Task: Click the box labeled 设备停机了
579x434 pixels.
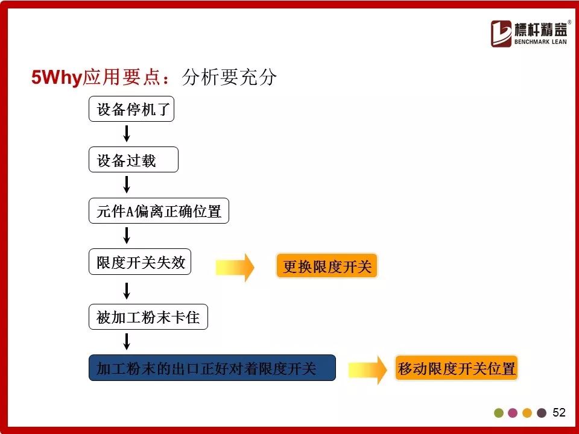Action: pyautogui.click(x=131, y=109)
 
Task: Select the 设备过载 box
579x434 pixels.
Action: pyautogui.click(x=134, y=160)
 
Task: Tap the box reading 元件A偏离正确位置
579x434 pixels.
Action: pyautogui.click(x=159, y=211)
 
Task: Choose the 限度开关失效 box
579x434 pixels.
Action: pyautogui.click(x=140, y=262)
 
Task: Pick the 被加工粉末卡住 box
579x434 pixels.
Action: pyautogui.click(x=148, y=316)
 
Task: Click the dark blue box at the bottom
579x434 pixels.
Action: pyautogui.click(x=212, y=368)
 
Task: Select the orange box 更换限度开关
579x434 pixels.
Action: pyautogui.click(x=327, y=266)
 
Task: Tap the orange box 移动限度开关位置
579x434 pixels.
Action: pyautogui.click(x=457, y=368)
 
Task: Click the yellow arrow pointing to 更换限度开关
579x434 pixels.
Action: pyautogui.click(x=235, y=268)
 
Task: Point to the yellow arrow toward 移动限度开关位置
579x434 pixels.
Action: pyautogui.click(x=367, y=370)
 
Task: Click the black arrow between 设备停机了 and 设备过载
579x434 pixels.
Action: pyautogui.click(x=127, y=134)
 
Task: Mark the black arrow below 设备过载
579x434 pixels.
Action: pyautogui.click(x=127, y=184)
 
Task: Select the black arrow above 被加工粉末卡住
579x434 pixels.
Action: pyautogui.click(x=127, y=291)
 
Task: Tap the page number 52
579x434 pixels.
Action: pyautogui.click(x=559, y=412)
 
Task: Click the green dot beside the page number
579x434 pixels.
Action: pyautogui.click(x=499, y=413)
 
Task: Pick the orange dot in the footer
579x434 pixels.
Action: pyautogui.click(x=527, y=413)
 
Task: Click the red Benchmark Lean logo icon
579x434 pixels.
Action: pyautogui.click(x=501, y=34)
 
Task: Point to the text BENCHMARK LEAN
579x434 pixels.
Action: pyautogui.click(x=540, y=42)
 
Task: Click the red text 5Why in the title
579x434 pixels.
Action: pyautogui.click(x=57, y=77)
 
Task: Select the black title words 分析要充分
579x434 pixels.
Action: pyautogui.click(x=229, y=77)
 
